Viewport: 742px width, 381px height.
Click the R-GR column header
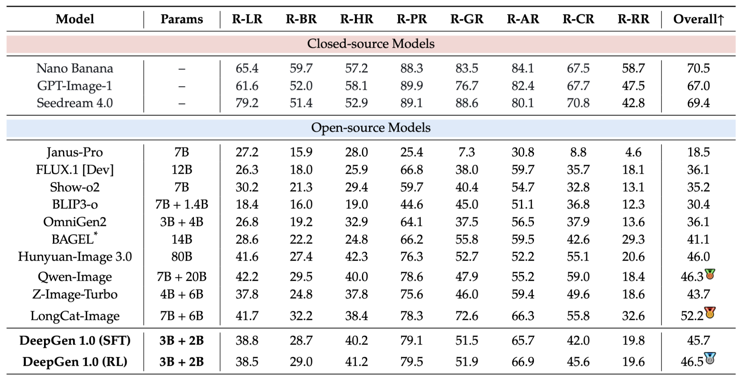click(466, 19)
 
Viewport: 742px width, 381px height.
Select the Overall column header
click(698, 19)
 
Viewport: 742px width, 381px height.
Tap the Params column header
click(182, 19)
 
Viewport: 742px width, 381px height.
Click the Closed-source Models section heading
click(371, 44)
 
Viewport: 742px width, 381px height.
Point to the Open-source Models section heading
click(371, 127)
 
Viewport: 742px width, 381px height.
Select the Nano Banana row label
click(75, 68)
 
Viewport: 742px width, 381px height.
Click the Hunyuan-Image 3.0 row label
click(75, 256)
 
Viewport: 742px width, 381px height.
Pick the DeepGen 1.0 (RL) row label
click(75, 362)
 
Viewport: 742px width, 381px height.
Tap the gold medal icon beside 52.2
click(710, 312)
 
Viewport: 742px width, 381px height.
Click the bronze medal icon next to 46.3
click(710, 274)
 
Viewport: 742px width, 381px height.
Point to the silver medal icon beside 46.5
click(710, 358)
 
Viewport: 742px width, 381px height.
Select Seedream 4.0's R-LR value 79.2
click(247, 103)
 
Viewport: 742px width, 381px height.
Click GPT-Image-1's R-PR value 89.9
click(412, 86)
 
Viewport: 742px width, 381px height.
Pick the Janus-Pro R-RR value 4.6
click(633, 152)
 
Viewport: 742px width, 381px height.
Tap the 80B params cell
click(182, 256)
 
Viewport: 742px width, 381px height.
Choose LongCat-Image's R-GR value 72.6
click(466, 316)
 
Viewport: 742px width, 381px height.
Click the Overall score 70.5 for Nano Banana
click(698, 68)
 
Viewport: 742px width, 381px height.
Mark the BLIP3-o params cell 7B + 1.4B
click(182, 204)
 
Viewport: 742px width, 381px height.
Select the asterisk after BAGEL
click(96, 234)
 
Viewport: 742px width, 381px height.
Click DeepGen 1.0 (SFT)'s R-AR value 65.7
click(523, 340)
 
